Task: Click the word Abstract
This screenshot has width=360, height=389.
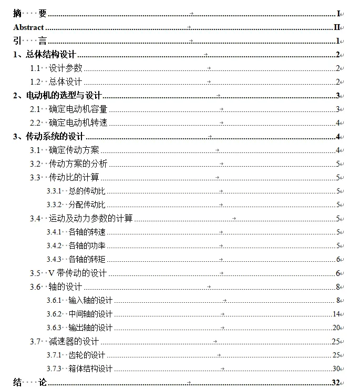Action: [x=28, y=27]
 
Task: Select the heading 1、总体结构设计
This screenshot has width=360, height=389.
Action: [x=45, y=54]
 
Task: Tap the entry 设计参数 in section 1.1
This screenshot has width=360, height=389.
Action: [x=66, y=68]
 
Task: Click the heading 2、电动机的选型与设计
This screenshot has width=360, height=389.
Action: [x=57, y=95]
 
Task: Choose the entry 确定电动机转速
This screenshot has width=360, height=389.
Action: [x=78, y=122]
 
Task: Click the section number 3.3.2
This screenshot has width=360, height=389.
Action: [x=54, y=204]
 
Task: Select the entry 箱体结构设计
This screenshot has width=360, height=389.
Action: [x=91, y=369]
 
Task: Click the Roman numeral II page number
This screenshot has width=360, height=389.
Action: [x=337, y=27]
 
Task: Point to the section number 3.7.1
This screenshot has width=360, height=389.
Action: [x=54, y=355]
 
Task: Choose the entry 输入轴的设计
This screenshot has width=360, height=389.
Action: [x=91, y=301]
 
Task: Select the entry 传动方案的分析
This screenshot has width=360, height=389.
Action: [x=78, y=163]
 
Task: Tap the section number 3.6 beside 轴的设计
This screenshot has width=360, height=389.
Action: [x=35, y=286]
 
